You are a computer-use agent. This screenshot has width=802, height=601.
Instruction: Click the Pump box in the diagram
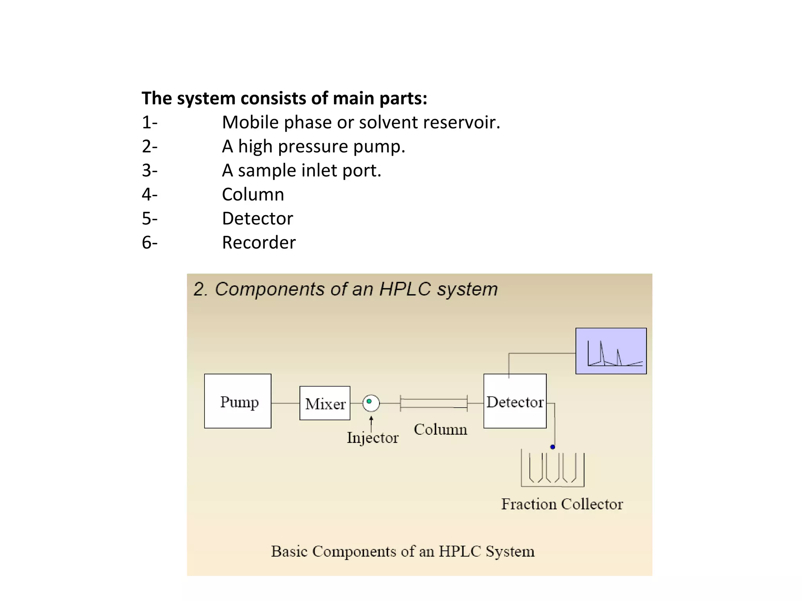238,401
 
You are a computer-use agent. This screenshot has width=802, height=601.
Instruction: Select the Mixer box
325,403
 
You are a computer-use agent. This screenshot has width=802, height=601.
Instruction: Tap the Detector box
515,401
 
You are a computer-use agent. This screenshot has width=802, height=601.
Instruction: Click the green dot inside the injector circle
369,401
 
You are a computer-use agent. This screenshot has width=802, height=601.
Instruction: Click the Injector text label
372,438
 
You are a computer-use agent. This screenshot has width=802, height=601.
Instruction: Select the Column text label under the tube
440,430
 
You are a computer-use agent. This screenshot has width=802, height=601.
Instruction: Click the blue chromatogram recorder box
611,351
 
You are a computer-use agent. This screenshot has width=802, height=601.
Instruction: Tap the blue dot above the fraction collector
553,447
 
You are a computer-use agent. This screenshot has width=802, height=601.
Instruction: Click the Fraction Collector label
562,504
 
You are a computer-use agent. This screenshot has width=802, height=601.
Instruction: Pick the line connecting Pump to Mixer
285,403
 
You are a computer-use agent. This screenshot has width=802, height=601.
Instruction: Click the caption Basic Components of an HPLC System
403,551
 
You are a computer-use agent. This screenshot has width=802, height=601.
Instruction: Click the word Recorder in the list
259,243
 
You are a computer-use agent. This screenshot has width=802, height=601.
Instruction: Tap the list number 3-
150,171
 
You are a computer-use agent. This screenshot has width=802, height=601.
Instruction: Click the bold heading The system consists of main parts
284,98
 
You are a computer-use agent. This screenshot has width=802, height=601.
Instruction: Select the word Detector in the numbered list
257,218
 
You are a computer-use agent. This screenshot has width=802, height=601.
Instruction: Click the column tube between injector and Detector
434,403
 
